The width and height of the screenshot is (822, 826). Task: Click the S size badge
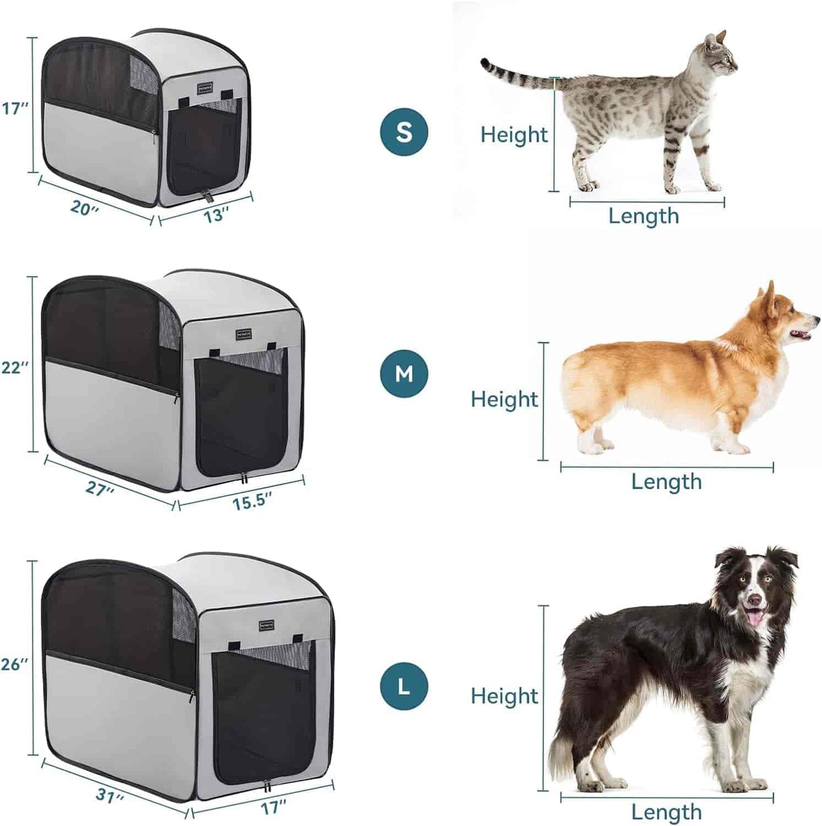(x=404, y=132)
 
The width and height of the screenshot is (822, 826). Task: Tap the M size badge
(x=404, y=374)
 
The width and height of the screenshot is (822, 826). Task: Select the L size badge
(x=404, y=687)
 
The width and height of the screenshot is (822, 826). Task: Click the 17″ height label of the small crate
(x=15, y=108)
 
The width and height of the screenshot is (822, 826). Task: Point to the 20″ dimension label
(x=85, y=208)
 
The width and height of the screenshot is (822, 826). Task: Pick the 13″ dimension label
(x=216, y=215)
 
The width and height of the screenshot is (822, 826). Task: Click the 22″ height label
(x=15, y=367)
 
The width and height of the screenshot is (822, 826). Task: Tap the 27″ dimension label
(x=100, y=488)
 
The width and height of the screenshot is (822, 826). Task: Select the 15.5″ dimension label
(x=251, y=502)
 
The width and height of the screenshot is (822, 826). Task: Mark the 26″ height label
(x=15, y=663)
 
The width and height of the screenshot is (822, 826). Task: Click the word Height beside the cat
(x=514, y=135)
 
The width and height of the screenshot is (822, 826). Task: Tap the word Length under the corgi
(x=666, y=482)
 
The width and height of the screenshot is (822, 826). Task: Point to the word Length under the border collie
(x=666, y=812)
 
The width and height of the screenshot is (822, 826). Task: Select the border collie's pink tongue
(x=754, y=617)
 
